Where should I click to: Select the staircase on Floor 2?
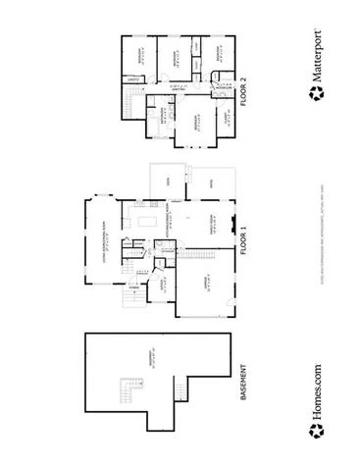(x=129, y=101)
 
